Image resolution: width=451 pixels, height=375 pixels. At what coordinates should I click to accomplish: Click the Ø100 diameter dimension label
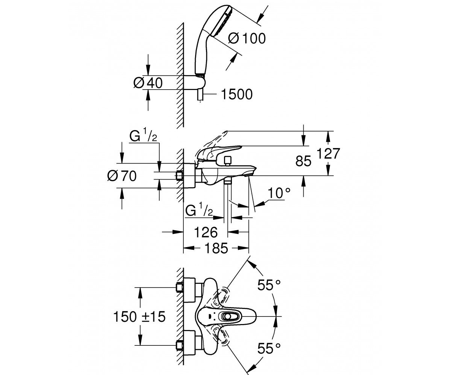point(247,39)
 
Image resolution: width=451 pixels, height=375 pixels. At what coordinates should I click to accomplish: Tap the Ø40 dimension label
point(148,83)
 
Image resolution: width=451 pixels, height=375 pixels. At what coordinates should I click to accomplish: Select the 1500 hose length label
point(237,94)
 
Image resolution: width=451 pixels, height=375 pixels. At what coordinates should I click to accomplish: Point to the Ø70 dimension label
point(122,176)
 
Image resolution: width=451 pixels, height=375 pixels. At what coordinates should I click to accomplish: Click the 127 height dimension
point(328,153)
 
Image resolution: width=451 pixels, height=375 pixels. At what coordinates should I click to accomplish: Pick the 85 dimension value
point(303,161)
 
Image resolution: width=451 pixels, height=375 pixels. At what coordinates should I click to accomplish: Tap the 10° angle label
point(279,193)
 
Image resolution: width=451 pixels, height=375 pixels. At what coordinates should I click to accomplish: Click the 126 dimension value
point(206,232)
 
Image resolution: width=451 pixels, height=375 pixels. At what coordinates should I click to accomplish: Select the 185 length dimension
point(216,248)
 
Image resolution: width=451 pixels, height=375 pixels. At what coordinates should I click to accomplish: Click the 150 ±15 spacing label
point(139,317)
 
